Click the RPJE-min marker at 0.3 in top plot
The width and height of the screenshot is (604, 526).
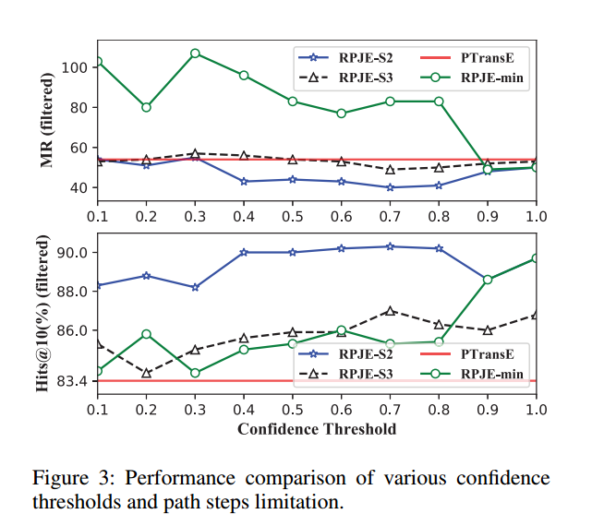pyautogui.click(x=195, y=54)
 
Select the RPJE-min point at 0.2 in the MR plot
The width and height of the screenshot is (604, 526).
pyautogui.click(x=146, y=107)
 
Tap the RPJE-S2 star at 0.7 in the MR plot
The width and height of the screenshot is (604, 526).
pyautogui.click(x=390, y=187)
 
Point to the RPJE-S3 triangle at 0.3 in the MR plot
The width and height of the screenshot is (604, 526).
pyautogui.click(x=195, y=153)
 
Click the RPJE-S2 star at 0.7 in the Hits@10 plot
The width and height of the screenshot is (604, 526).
pyautogui.click(x=390, y=246)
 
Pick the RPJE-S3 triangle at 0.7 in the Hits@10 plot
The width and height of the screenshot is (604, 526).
pyautogui.click(x=390, y=311)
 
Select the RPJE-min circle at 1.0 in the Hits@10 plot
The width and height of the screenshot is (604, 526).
pyautogui.click(x=535, y=258)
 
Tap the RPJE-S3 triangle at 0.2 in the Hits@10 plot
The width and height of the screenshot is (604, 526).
pyautogui.click(x=146, y=373)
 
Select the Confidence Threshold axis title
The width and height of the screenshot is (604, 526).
pyautogui.click(x=317, y=429)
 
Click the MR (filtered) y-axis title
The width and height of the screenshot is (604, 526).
pyautogui.click(x=46, y=125)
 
